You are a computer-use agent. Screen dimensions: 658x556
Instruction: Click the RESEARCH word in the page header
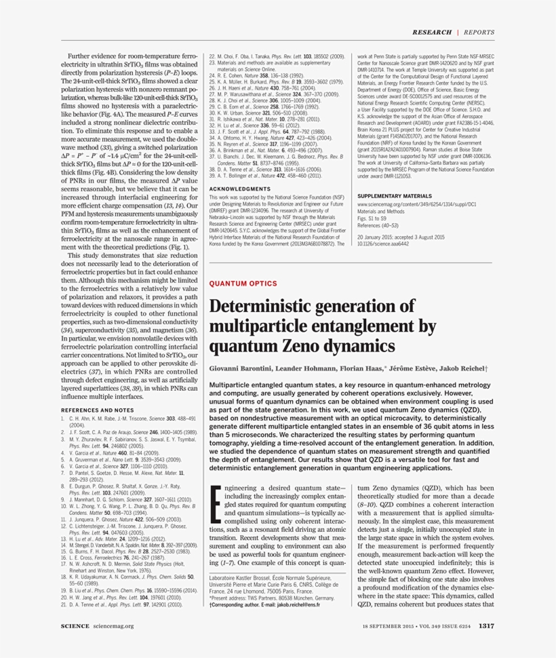(x=433, y=32)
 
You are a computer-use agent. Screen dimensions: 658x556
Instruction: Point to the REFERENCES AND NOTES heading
(x=98, y=410)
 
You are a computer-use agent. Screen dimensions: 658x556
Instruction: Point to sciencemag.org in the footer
(x=113, y=625)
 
